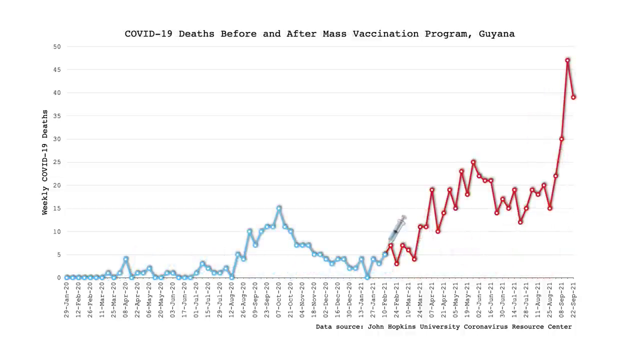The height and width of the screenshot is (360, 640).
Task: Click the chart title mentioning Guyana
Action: tap(319, 34)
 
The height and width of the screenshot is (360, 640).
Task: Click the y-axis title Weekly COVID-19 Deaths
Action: tap(45, 162)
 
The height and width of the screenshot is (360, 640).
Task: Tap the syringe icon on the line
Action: tap(397, 229)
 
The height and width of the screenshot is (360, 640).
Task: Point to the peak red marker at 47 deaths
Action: tap(567, 60)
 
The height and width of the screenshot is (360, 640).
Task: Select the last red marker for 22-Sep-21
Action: tap(573, 97)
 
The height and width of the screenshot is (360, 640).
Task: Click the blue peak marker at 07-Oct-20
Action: tap(279, 208)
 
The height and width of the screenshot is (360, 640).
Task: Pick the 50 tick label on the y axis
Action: tap(57, 46)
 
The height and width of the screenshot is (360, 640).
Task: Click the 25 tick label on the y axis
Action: tap(57, 162)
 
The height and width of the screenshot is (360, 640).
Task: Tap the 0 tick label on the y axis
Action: tap(59, 277)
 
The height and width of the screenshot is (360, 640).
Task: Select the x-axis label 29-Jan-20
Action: tap(66, 300)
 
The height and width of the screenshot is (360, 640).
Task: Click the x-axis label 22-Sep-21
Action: tap(573, 300)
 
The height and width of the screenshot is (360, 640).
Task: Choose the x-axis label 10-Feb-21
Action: tap(385, 300)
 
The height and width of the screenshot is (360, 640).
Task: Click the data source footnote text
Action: tap(443, 327)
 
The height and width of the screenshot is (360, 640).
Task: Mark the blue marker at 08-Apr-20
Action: tap(126, 259)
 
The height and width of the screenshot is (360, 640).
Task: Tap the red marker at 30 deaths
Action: tap(561, 139)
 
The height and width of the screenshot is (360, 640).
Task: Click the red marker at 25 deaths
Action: tap(473, 162)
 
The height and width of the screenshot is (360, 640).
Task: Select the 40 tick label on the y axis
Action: tap(57, 92)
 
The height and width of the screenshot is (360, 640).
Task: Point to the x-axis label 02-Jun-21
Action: tap(479, 300)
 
